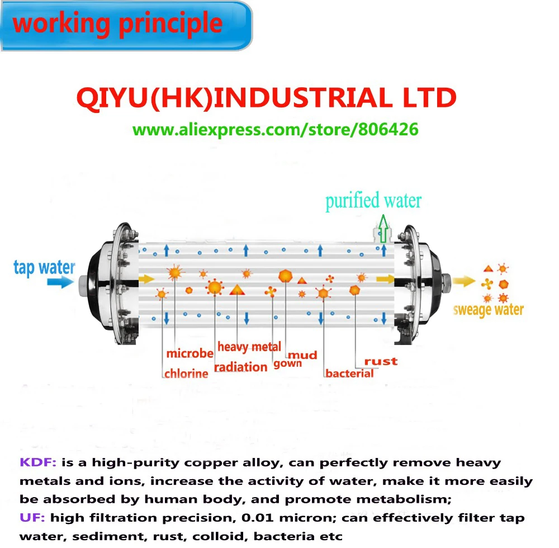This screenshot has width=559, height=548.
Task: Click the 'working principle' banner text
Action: [x=117, y=24]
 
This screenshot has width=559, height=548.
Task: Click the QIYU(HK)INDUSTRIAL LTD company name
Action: [x=267, y=99]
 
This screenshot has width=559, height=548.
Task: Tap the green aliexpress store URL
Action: [x=275, y=130]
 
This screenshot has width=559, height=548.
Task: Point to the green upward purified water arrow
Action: [x=383, y=229]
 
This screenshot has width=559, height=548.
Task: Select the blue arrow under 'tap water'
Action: [x=59, y=282]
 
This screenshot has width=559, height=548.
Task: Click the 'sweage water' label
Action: [x=488, y=310]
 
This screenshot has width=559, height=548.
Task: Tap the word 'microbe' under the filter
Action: [x=190, y=353]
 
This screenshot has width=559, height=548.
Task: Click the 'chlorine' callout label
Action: [x=186, y=374]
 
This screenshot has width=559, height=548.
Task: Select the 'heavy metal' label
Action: [x=249, y=347]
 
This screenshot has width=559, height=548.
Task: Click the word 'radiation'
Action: [x=240, y=367]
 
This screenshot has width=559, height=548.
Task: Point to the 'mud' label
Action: [x=302, y=355]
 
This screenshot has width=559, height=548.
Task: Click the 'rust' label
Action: [x=381, y=361]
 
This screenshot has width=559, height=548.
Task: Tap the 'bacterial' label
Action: [x=349, y=374]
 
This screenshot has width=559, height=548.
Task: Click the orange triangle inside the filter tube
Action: [x=237, y=290]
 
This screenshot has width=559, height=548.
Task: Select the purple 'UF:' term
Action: [x=31, y=518]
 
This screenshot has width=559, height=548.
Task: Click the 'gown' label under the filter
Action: [x=287, y=364]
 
